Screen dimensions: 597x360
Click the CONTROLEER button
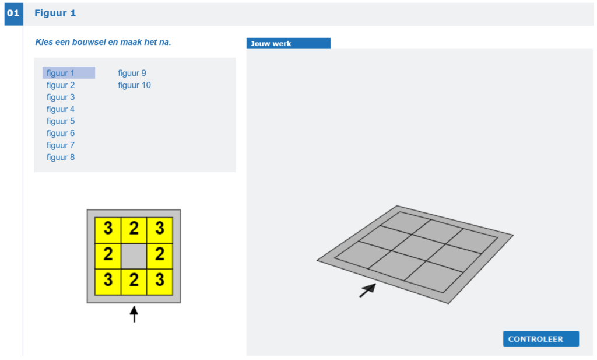tap(540, 338)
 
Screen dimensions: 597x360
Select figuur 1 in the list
tap(61, 73)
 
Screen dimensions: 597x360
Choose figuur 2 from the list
tap(61, 85)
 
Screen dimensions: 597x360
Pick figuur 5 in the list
tap(61, 121)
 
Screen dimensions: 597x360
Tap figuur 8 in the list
tap(61, 157)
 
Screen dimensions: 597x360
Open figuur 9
tap(132, 73)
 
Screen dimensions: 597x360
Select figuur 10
tap(134, 85)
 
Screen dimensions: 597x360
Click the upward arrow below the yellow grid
tap(134, 314)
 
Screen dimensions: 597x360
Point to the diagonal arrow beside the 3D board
tap(368, 291)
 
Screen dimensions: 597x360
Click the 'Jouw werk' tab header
tap(288, 43)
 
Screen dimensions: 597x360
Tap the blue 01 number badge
tap(14, 14)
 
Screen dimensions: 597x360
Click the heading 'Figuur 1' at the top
tap(55, 13)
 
